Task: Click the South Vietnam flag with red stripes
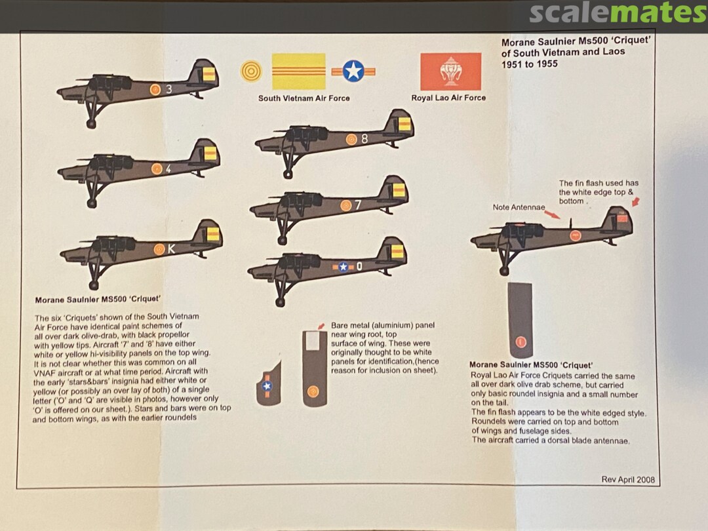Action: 298,71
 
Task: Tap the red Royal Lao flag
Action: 450,71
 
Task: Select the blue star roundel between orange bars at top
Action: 353,71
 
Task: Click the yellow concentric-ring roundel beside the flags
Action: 251,71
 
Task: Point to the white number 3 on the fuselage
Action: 169,89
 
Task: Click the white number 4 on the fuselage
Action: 168,169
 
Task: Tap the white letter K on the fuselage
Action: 171,249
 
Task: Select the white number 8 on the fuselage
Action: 364,139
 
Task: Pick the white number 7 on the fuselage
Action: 358,205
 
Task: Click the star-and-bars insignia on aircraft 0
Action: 343,267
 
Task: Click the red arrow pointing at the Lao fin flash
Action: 636,201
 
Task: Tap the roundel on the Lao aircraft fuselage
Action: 576,235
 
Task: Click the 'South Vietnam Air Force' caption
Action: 304,98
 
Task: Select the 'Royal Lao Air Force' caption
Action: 448,98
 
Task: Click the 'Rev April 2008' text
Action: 628,479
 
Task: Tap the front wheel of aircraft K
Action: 94,285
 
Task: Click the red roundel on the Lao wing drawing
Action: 521,342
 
